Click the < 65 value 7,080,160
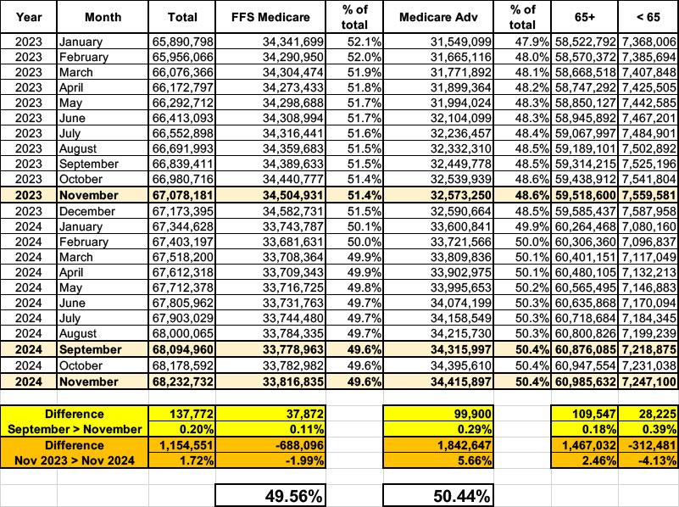tap(648, 225)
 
